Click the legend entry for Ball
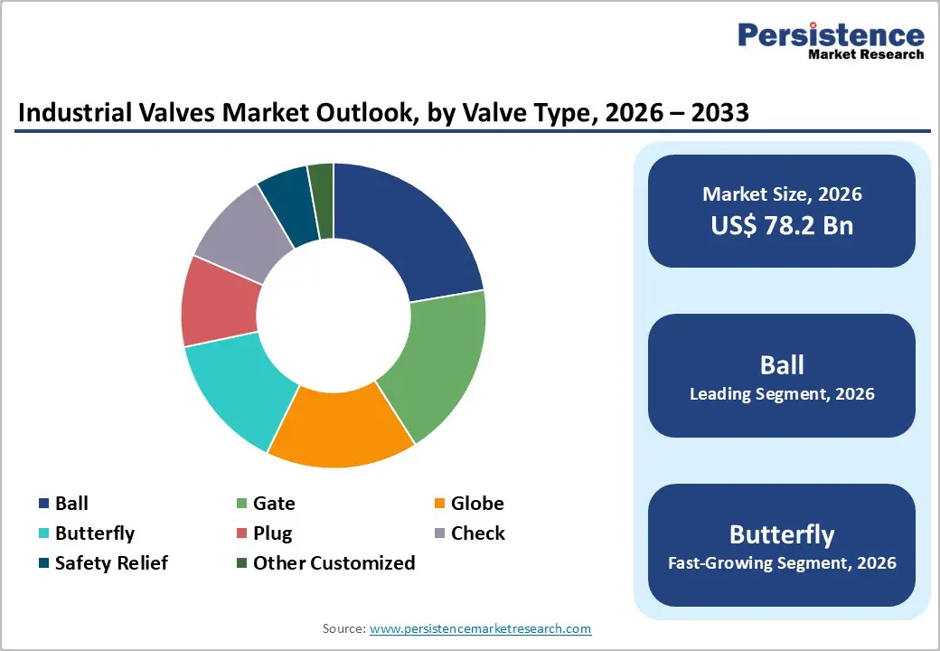[x=71, y=504]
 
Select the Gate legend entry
[x=274, y=504]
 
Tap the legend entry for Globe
[x=477, y=504]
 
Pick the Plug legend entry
[x=272, y=533]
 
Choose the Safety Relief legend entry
[x=111, y=563]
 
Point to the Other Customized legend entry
[x=334, y=563]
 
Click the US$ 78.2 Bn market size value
[x=782, y=225]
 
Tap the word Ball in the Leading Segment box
[x=782, y=365]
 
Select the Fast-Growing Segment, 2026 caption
[x=782, y=563]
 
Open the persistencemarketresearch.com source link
[x=481, y=628]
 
